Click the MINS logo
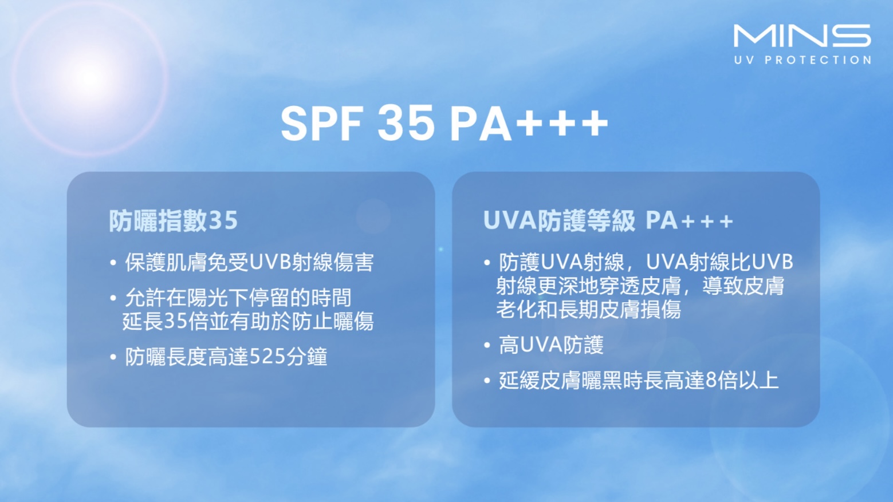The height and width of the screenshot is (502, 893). pyautogui.click(x=802, y=36)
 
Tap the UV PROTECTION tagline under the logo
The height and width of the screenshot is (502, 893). pyautogui.click(x=802, y=60)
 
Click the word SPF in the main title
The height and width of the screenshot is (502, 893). pyautogui.click(x=322, y=123)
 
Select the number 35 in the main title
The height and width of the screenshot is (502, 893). pyautogui.click(x=406, y=123)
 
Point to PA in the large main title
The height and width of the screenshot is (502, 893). pyautogui.click(x=481, y=124)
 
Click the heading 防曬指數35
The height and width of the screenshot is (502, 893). pyautogui.click(x=174, y=220)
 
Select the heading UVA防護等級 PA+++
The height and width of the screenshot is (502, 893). pyautogui.click(x=608, y=220)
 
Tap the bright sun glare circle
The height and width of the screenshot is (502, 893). pyautogui.click(x=89, y=78)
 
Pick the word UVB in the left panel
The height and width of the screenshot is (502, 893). pyautogui.click(x=270, y=262)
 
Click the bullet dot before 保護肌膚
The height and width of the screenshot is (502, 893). pyautogui.click(x=113, y=263)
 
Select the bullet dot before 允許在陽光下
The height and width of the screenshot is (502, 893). pyautogui.click(x=113, y=298)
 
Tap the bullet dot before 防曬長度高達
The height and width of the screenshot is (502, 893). pyautogui.click(x=113, y=357)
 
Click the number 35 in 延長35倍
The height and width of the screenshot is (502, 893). pyautogui.click(x=175, y=321)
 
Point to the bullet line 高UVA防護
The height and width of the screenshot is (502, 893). pyautogui.click(x=551, y=345)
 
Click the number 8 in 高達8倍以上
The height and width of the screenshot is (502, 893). pyautogui.click(x=711, y=380)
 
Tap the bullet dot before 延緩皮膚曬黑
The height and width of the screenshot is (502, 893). pyautogui.click(x=487, y=381)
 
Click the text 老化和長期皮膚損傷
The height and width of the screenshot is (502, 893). pyautogui.click(x=588, y=309)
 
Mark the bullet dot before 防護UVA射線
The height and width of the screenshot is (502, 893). pyautogui.click(x=487, y=263)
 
